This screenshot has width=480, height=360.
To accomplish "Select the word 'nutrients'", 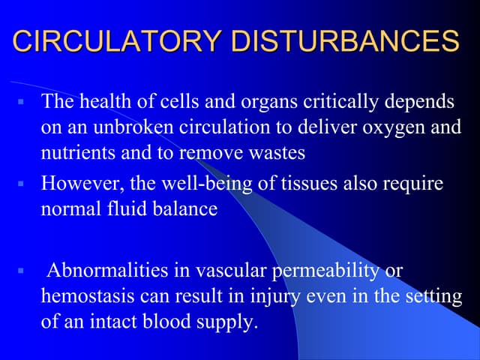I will tap(74, 154).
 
